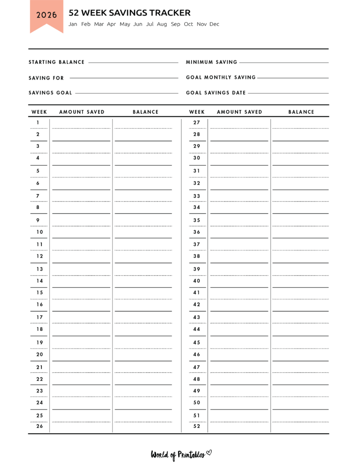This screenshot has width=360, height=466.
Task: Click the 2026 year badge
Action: pos(46,15)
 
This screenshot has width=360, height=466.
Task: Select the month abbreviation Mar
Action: pos(99,24)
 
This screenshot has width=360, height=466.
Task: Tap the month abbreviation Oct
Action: pos(188,24)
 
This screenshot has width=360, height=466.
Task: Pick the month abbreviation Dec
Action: pos(214,24)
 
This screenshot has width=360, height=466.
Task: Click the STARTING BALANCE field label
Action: pos(56,62)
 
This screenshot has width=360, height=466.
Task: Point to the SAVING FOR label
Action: pos(46,78)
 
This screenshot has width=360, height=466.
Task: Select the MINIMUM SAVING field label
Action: pos(212,62)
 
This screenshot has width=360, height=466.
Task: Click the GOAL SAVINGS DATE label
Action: pos(216,93)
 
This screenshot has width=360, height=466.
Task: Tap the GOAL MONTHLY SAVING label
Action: pos(221,78)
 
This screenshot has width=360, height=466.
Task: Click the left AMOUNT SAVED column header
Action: pos(82,112)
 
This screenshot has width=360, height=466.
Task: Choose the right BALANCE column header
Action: pos(301,112)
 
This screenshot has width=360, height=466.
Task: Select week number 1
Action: pos(38,122)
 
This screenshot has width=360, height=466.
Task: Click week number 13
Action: pos(40,269)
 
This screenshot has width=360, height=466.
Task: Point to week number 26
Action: pos(40,426)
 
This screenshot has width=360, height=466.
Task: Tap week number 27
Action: pos(197,122)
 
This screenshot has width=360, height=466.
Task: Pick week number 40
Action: pos(197,281)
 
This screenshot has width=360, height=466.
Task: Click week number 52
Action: pos(197,426)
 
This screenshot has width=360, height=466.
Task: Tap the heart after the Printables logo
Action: pos(209,452)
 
